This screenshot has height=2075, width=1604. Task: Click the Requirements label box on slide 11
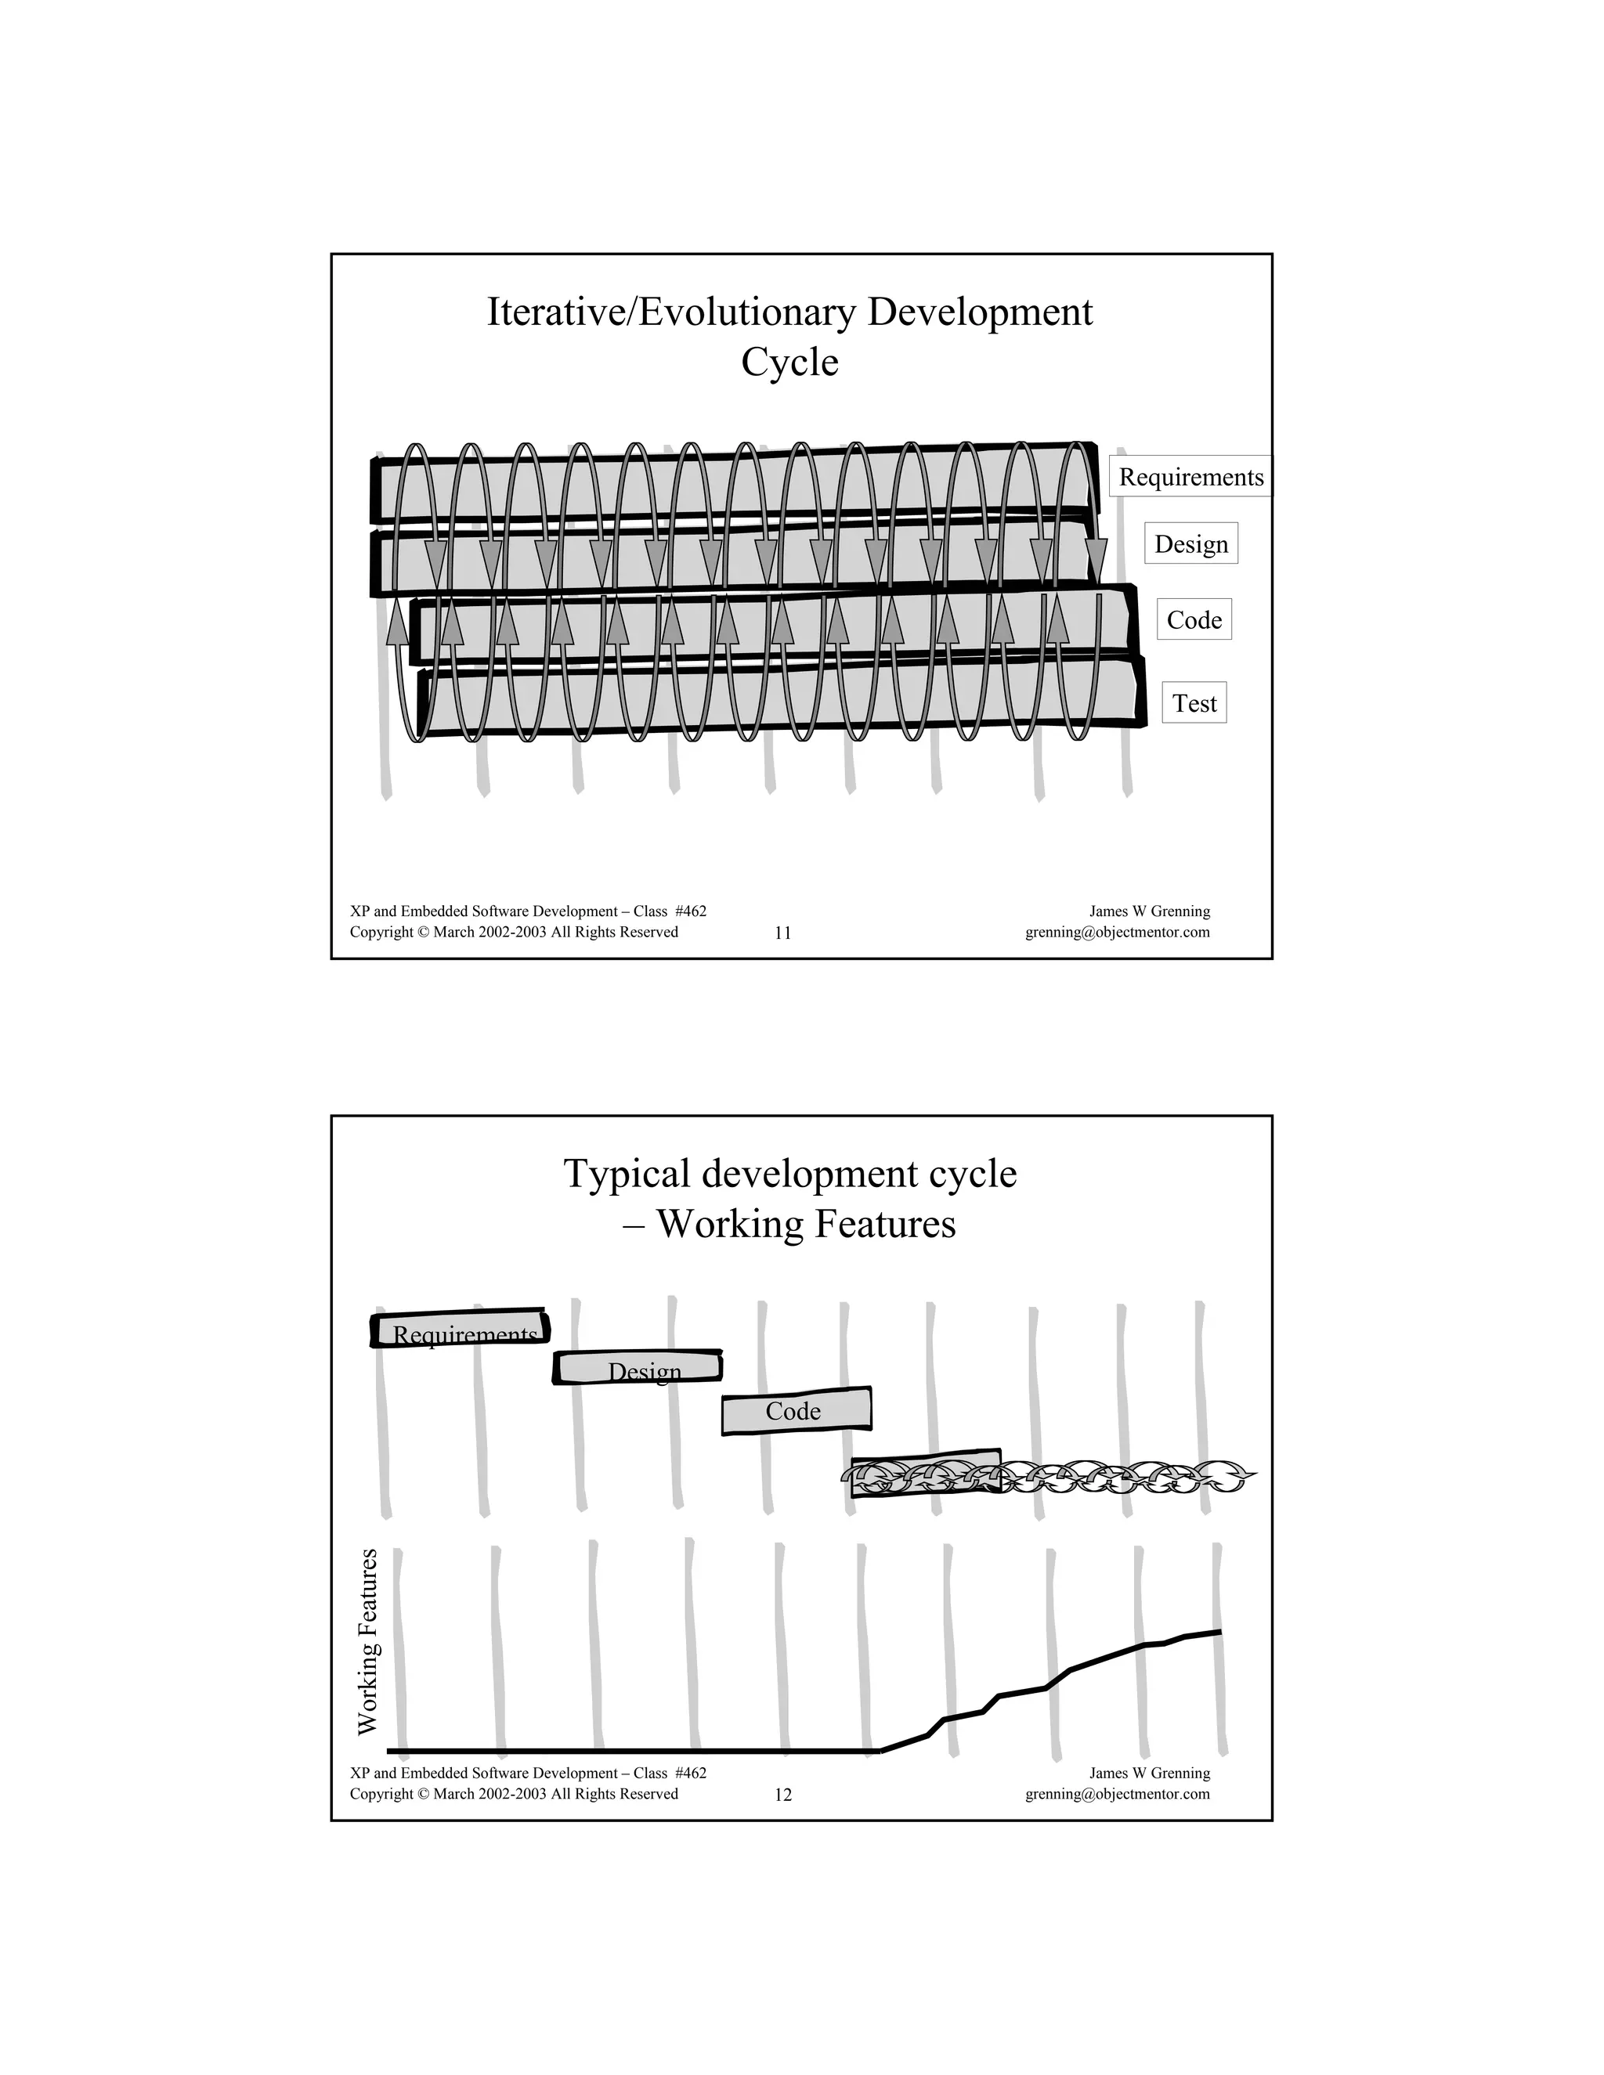1190,477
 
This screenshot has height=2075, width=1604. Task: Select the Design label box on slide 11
1190,544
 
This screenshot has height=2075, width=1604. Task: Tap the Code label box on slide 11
1194,620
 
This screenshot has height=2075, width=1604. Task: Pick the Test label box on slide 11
1194,704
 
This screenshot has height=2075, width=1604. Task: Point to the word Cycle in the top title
789,362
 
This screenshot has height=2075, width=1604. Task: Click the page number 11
783,933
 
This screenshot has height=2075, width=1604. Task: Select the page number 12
783,1795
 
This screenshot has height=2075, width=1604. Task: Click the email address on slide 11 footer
1118,932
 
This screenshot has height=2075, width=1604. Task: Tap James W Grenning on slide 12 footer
1149,1773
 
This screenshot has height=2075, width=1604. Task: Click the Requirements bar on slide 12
461,1330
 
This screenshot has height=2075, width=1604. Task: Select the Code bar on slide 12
796,1411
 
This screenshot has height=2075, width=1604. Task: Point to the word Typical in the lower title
627,1175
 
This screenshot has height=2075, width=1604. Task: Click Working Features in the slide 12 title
806,1224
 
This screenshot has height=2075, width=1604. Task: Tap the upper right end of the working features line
1219,1633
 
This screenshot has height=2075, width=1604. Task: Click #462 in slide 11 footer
690,911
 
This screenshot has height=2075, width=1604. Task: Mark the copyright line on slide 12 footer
514,1794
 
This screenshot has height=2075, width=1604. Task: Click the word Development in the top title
980,312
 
